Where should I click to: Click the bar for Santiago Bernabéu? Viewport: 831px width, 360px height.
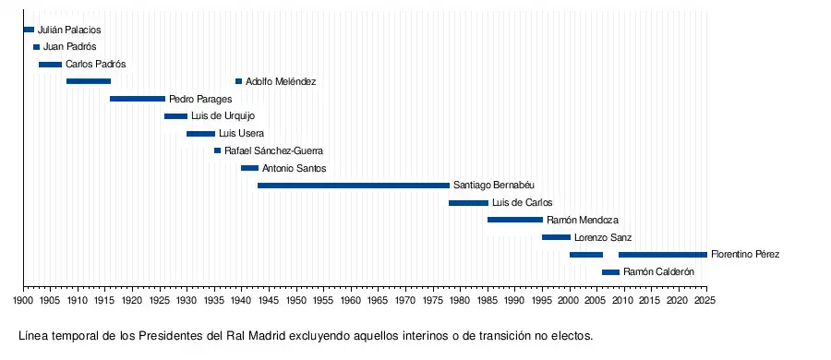coord(354,186)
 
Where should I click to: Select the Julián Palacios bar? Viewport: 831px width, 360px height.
coord(29,30)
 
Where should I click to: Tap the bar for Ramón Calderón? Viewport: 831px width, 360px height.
coord(610,272)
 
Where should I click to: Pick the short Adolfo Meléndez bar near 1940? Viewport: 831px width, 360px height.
coord(238,81)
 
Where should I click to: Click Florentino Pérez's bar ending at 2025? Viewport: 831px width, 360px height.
coord(662,255)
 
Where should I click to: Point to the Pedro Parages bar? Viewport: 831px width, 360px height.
coord(138,99)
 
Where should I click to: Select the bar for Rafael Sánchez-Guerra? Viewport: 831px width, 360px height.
coord(217,150)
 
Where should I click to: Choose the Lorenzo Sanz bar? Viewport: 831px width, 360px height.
coord(556,237)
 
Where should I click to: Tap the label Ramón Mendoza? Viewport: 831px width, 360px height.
coord(583,220)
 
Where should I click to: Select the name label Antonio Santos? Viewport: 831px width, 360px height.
coord(295,169)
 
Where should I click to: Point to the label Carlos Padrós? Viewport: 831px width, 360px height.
coord(96,64)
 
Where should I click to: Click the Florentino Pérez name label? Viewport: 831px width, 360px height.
coord(745,255)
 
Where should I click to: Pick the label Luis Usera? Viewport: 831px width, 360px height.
coord(241,134)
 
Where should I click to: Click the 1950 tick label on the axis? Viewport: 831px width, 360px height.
coord(296,301)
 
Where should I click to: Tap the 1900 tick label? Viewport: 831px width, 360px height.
coord(23,301)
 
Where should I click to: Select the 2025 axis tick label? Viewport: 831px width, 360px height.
coord(706,301)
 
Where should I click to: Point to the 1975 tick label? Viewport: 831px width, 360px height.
coord(433,301)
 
